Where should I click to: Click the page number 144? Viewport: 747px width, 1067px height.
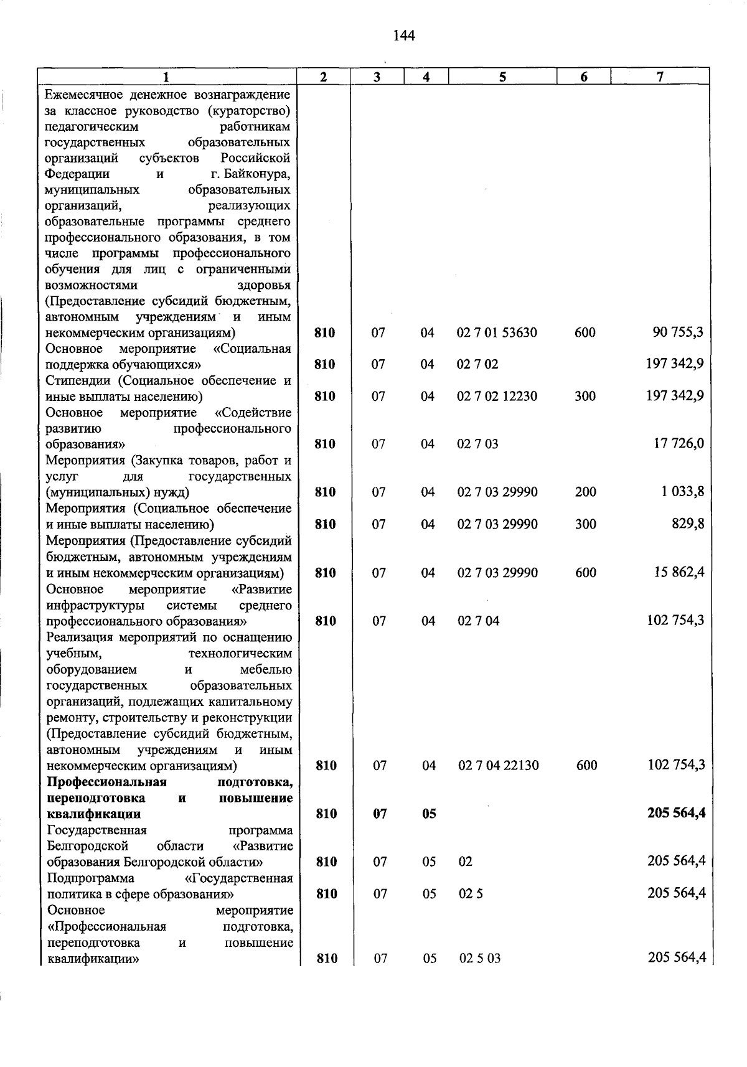[x=404, y=35]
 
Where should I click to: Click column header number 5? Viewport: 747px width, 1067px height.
[x=502, y=77]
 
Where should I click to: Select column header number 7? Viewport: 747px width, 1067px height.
[x=660, y=77]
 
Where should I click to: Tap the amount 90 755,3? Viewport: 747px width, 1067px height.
[x=678, y=332]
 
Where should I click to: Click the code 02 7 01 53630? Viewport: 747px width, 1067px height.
[x=497, y=333]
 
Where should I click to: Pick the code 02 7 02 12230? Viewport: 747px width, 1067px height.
[x=497, y=397]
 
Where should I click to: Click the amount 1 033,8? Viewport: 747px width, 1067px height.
[x=683, y=492]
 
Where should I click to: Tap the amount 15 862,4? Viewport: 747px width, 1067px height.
[x=679, y=572]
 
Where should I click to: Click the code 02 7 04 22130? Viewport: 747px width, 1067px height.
[x=499, y=766]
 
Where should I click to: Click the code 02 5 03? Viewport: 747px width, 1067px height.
[x=480, y=959]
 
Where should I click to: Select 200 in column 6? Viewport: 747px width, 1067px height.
[x=585, y=492]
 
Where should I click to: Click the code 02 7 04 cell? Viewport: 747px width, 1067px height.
[x=479, y=621]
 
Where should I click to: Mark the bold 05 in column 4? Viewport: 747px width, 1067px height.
[x=429, y=814]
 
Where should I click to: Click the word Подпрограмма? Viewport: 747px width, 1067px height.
[x=91, y=878]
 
